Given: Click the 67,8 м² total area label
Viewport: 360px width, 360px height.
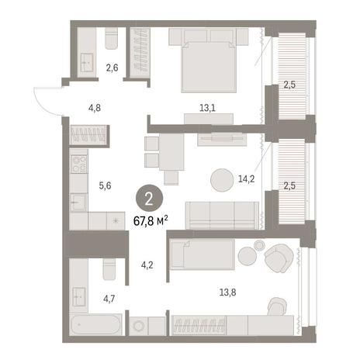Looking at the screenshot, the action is tap(151, 221).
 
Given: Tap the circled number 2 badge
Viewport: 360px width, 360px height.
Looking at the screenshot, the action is tap(149, 199).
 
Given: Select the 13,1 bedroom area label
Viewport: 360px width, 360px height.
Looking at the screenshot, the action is tap(207, 108).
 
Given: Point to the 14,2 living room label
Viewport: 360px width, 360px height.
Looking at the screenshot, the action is tap(246, 178).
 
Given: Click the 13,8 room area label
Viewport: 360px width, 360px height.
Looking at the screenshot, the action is tap(227, 292).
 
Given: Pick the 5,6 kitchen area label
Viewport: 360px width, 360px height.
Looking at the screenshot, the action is tap(105, 185).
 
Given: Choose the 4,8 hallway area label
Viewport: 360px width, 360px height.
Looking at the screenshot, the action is tap(95, 108).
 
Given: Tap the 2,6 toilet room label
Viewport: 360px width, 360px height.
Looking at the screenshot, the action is tap(112, 67).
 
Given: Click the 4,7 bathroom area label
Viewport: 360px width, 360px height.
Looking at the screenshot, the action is tap(109, 299).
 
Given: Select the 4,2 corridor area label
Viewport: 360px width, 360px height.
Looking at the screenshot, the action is tap(147, 265).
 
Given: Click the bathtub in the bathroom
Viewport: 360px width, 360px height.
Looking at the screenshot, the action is tap(95, 324).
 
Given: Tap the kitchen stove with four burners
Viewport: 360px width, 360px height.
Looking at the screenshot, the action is tap(78, 164).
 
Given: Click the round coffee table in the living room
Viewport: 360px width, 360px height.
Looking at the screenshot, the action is tap(222, 180).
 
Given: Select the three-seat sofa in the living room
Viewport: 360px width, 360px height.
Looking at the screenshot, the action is tap(222, 216).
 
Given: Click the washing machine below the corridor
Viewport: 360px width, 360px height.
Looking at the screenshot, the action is tap(139, 326).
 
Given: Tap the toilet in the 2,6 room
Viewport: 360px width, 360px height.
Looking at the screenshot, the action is tap(111, 38).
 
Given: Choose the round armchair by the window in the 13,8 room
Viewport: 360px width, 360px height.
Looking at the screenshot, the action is tap(279, 258).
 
